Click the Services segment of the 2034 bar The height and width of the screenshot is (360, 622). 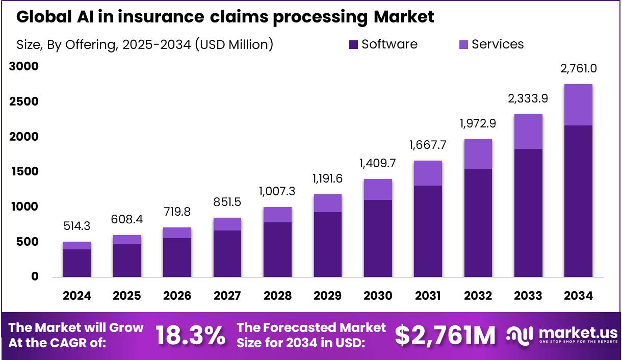[578, 105]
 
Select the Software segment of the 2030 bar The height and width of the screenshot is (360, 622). [378, 238]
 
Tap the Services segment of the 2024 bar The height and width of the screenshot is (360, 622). [77, 245]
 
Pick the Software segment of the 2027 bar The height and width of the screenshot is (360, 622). [227, 253]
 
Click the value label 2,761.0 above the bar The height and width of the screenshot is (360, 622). [579, 68]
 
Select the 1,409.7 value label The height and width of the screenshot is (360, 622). [378, 164]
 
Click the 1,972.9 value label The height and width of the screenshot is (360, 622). [478, 123]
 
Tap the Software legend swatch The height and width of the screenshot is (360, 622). [354, 45]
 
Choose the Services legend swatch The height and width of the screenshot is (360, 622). [464, 45]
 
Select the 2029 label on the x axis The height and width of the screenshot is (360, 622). [327, 296]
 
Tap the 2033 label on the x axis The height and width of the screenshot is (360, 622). [528, 296]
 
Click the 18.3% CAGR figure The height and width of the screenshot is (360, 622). [190, 336]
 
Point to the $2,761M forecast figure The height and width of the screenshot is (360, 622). [445, 336]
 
